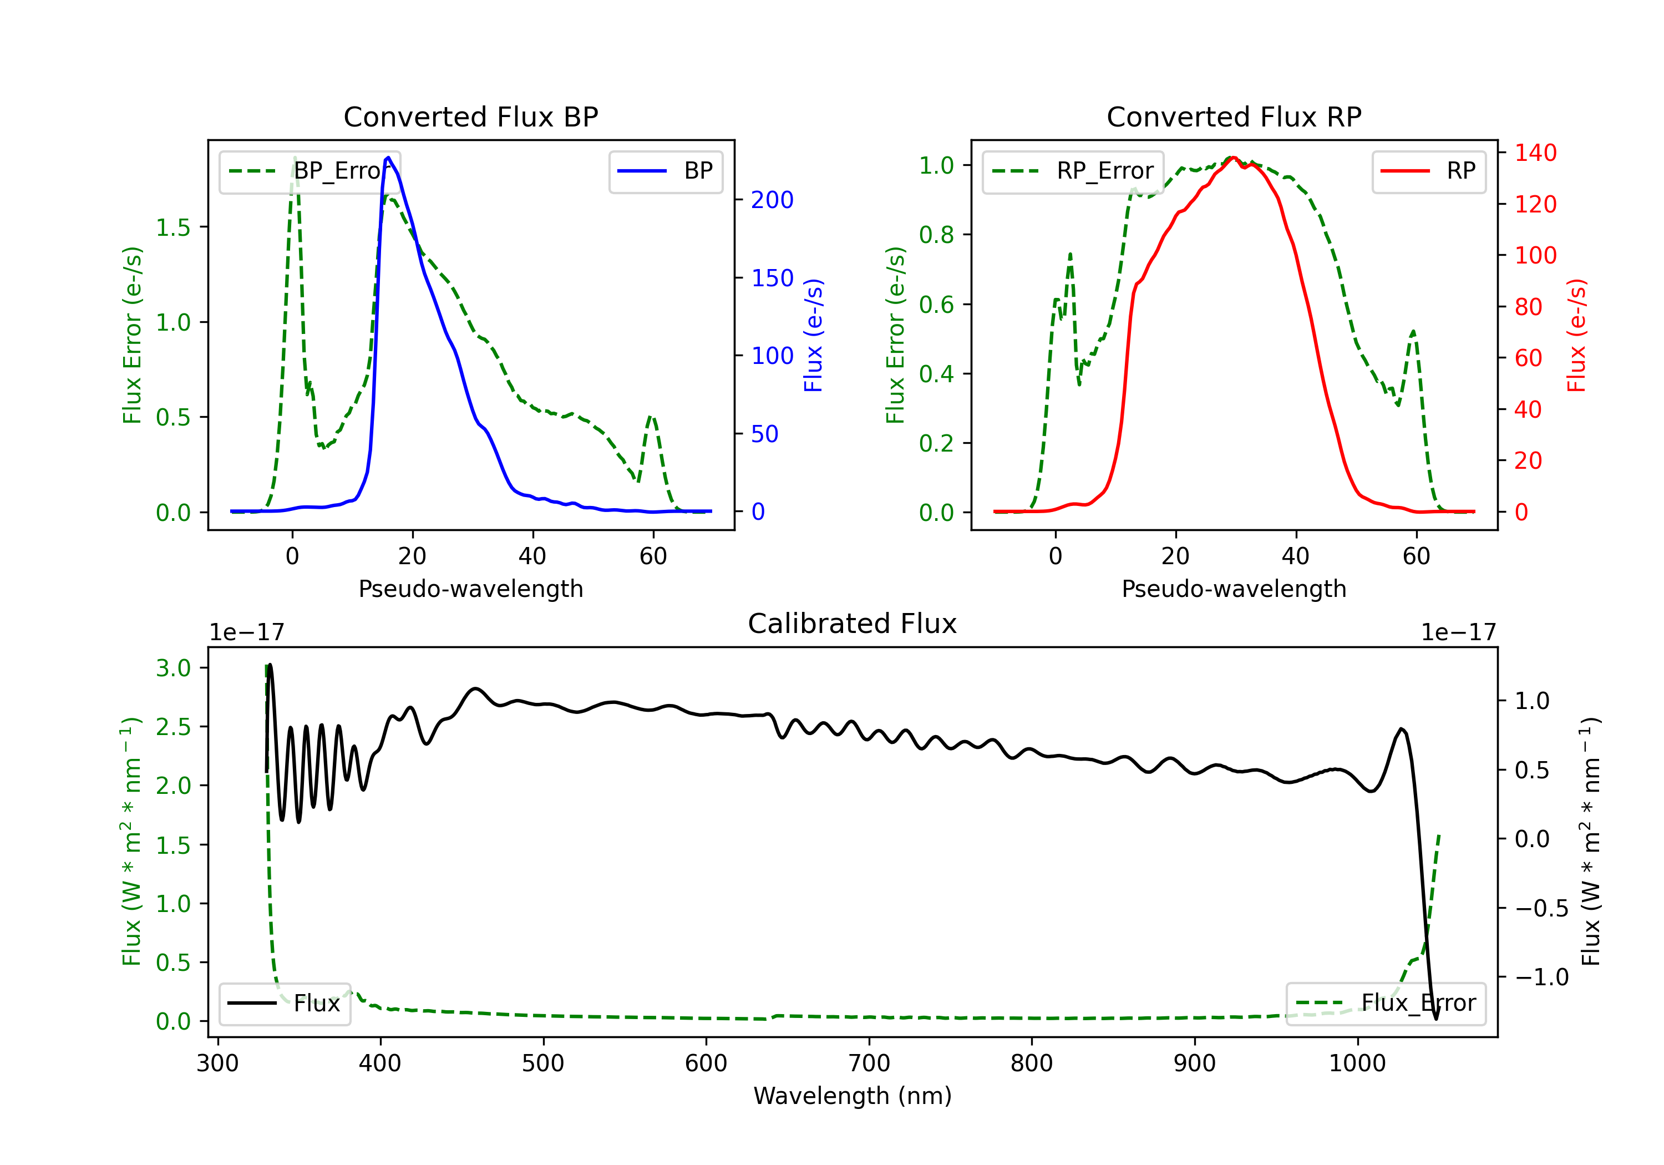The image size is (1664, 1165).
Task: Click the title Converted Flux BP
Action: [x=470, y=116]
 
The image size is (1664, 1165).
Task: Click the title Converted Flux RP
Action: [x=1234, y=116]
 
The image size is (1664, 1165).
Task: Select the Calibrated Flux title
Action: [x=853, y=624]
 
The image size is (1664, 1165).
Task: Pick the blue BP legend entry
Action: [x=665, y=171]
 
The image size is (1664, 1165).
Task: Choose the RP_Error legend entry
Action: [x=1073, y=171]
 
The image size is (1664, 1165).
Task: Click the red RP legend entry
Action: [x=1428, y=171]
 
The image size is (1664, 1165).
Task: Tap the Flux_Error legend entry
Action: [x=1386, y=1004]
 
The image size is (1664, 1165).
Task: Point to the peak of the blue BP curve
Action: [x=388, y=158]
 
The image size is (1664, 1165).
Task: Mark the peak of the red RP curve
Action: [x=1233, y=158]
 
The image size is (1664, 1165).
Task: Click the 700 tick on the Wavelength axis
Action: [x=869, y=1063]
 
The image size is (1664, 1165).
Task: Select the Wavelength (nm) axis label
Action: [x=853, y=1096]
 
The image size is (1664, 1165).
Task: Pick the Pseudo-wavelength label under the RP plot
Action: [x=1234, y=589]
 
